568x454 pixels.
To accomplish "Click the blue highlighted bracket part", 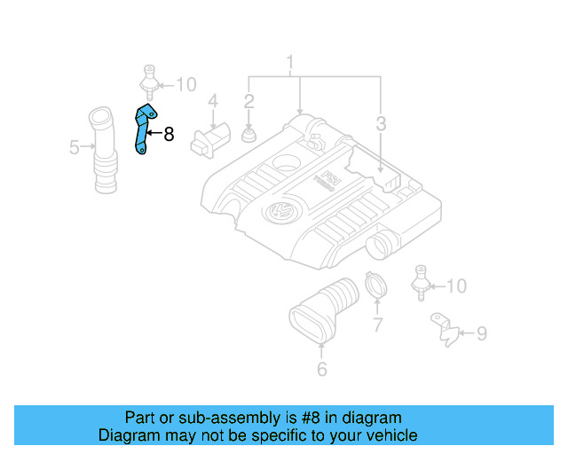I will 142,130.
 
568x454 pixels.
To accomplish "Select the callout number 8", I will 169,135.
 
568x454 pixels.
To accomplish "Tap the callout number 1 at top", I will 288,64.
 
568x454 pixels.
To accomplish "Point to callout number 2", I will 249,103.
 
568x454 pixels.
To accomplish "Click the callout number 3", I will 380,125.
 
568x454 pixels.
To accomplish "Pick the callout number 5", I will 75,146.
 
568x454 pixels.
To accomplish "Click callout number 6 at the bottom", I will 321,369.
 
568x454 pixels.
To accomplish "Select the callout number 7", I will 377,325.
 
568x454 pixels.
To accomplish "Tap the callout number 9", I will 481,333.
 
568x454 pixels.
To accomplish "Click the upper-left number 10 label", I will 185,85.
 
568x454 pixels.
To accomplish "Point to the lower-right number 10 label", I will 455,286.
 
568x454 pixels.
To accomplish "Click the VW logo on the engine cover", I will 280,214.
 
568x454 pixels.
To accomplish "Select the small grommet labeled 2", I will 249,136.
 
